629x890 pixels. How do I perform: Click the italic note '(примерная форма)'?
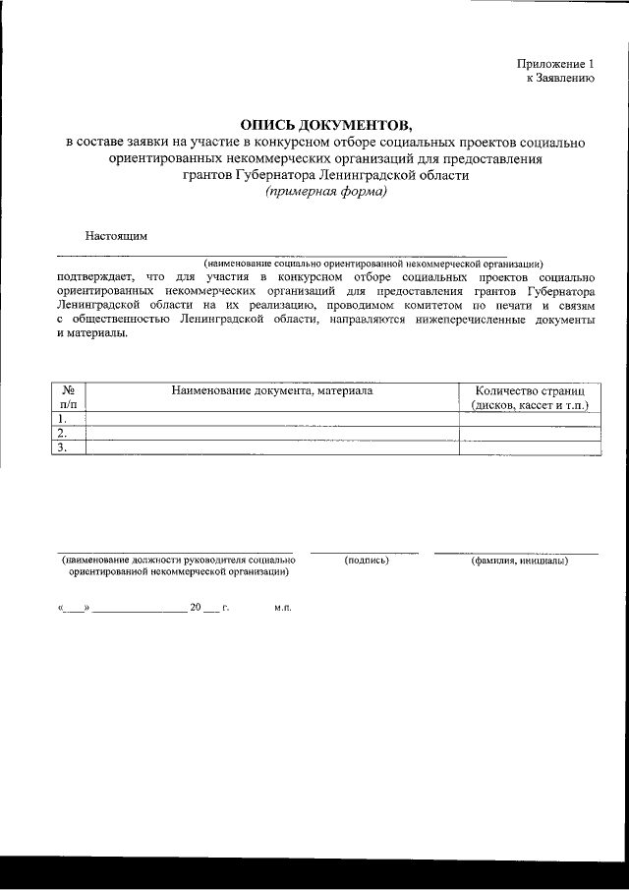[325, 192]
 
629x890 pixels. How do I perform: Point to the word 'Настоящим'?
[116, 237]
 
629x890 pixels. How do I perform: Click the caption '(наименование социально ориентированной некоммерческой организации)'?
[373, 264]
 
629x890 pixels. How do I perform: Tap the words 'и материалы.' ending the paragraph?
[91, 333]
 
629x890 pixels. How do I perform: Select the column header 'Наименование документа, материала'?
[272, 390]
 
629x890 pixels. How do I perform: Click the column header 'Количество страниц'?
[529, 390]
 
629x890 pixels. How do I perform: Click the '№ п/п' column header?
[68, 397]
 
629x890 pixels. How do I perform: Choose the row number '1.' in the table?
[62, 418]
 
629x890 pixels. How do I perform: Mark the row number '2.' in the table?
[62, 433]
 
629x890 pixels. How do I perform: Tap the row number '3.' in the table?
[62, 447]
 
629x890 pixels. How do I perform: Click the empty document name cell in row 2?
[272, 433]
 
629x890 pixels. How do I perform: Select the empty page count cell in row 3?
[529, 447]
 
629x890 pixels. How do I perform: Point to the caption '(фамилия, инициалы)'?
[518, 561]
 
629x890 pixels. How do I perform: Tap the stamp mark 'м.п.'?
[283, 608]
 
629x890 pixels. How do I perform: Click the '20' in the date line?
[196, 608]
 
